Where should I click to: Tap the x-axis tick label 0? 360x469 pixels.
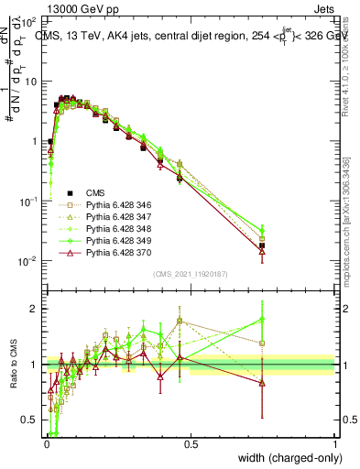pyautogui.click(x=46, y=444)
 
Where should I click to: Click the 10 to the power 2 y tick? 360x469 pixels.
pyautogui.click(x=29, y=20)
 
